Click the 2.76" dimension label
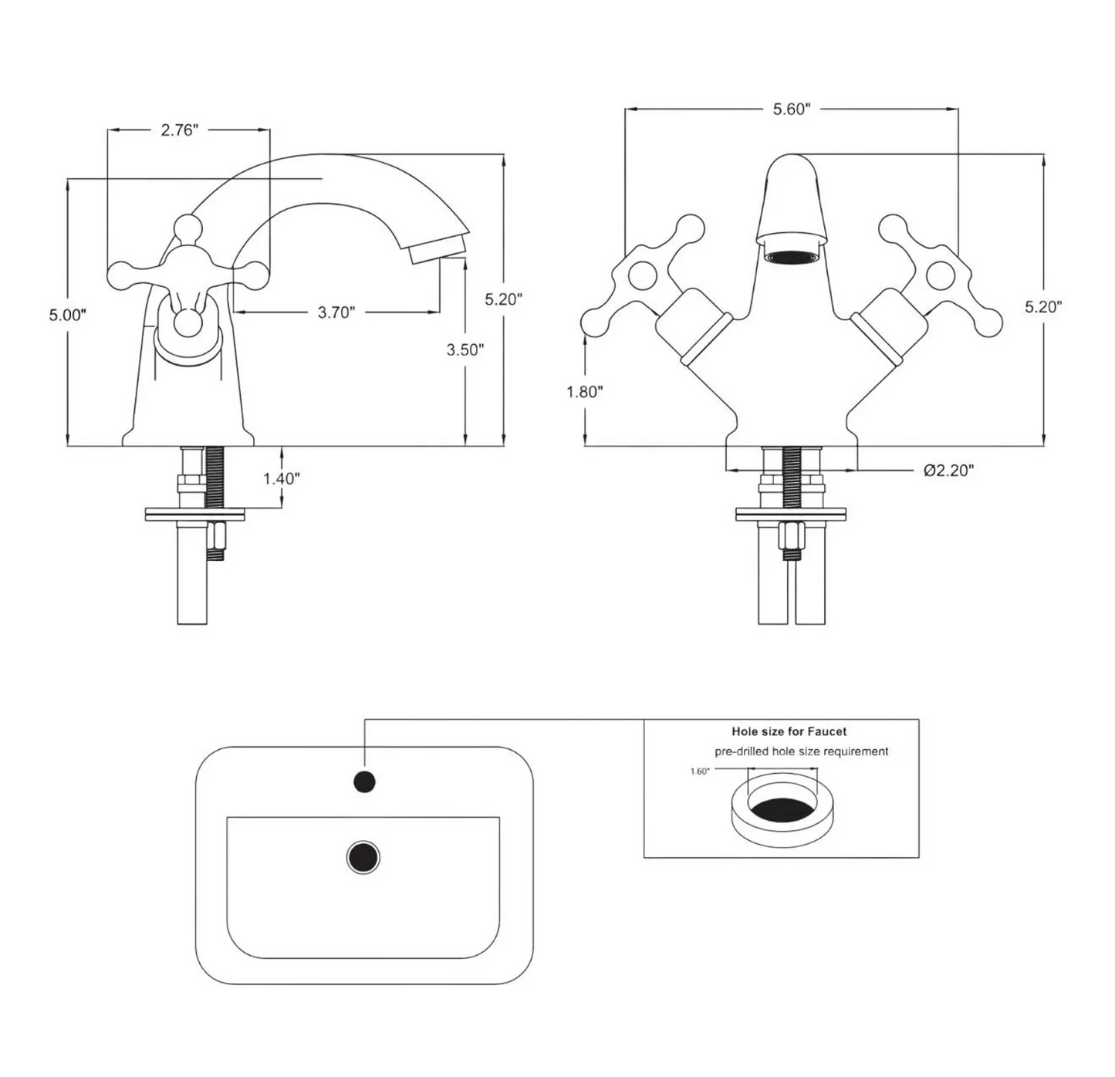coord(180,130)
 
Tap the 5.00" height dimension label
coord(68,315)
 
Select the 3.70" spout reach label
coord(336,312)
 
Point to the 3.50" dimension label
coord(465,349)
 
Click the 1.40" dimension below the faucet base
coord(282,478)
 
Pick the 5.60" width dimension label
coord(792,110)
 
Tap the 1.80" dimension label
coord(585,392)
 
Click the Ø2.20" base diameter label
coord(948,470)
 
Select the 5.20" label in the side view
coord(504,299)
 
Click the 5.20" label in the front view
coord(1043,306)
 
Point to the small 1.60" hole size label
coord(700,771)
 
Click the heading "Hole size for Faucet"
coord(789,731)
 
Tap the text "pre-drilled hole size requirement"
coord(801,751)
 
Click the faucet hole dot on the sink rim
coord(364,782)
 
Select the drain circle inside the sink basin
coord(363,857)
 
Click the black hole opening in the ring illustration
coord(782,812)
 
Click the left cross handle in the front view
coord(642,278)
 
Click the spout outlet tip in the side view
coord(438,250)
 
